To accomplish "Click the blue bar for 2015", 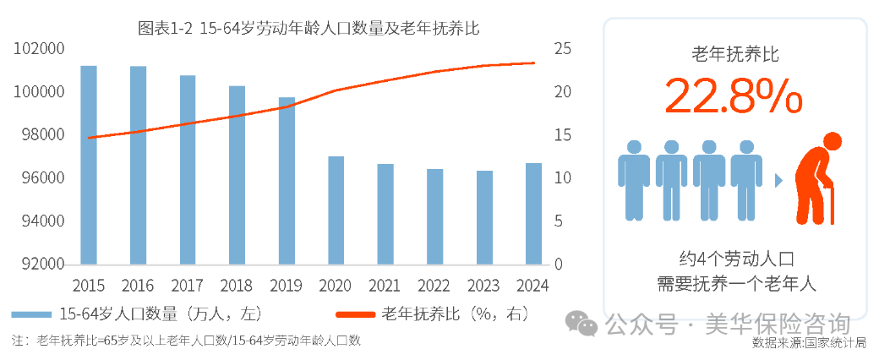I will point(89,165).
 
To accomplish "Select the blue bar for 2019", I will point(287,181).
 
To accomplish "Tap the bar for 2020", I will point(336,210).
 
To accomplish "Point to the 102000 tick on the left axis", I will point(40,49).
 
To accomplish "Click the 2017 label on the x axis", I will point(188,285).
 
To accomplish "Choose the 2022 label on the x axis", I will point(434,285).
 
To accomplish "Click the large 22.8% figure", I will point(733,96).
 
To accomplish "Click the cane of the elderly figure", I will point(833,207).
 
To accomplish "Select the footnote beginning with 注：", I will point(186,341).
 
